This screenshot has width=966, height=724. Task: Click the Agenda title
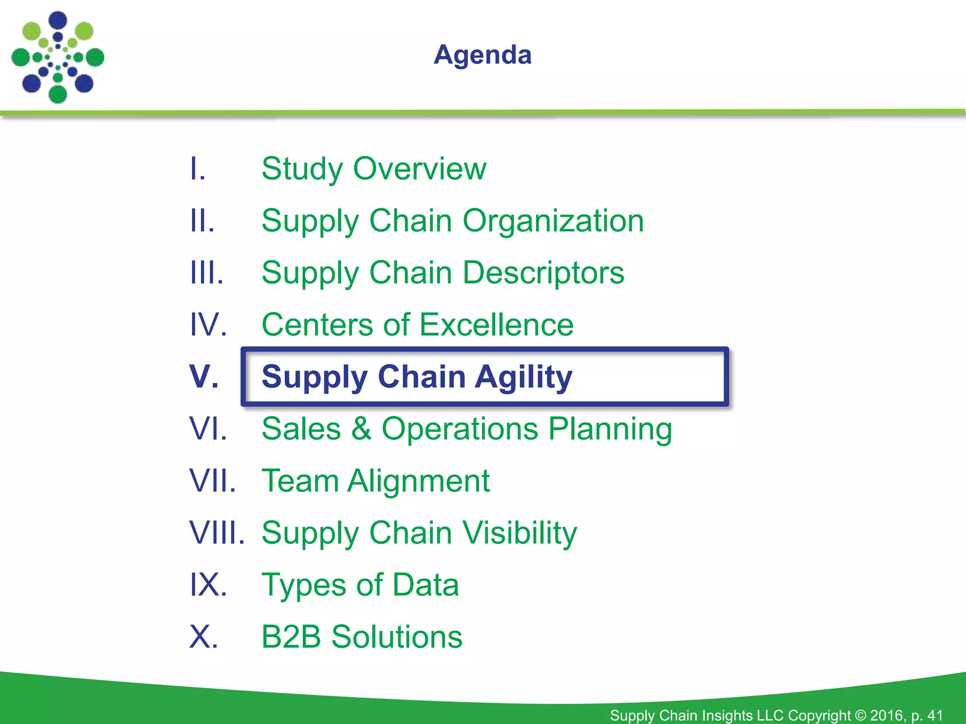click(483, 55)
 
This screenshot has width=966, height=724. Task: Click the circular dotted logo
click(58, 58)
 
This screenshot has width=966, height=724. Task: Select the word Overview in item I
click(419, 168)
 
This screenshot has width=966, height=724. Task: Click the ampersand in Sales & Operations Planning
click(361, 428)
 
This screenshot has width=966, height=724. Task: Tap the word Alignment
click(418, 481)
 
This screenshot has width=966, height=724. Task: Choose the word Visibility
click(519, 533)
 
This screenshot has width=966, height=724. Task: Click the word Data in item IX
click(425, 585)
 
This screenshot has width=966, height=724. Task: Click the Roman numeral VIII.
click(217, 533)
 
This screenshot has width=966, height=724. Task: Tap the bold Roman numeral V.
click(204, 377)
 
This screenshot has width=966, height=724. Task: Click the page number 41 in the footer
click(935, 715)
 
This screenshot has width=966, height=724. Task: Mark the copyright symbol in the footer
click(861, 715)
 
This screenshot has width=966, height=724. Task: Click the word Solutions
click(397, 637)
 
